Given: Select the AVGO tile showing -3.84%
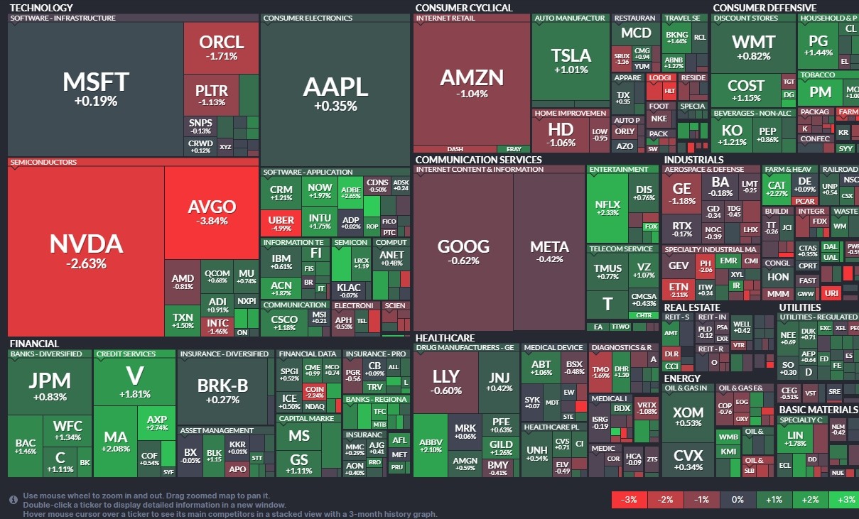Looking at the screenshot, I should tap(212, 212).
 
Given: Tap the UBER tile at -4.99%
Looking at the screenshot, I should tap(281, 223).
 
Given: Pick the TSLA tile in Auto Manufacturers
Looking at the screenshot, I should tap(571, 60).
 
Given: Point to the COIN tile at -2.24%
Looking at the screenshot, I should tap(314, 392).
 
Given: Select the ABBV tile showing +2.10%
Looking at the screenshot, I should tap(431, 444).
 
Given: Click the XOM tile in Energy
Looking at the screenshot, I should tap(688, 416).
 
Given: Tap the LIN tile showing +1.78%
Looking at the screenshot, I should tap(795, 439).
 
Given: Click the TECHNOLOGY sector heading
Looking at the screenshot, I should tap(41, 8).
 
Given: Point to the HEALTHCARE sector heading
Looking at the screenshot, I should tap(445, 338).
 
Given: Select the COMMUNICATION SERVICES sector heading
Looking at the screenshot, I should tap(478, 160).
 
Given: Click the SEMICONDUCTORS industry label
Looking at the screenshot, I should tap(43, 163).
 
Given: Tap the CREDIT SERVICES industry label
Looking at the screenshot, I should tap(126, 354).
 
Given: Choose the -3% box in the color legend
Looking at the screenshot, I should tap(629, 500).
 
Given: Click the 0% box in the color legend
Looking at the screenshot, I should tap(737, 500).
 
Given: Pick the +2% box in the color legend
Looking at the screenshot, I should tap(810, 500).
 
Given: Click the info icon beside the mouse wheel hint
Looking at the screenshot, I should tap(13, 500).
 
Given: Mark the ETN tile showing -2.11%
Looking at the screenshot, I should tap(679, 290).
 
